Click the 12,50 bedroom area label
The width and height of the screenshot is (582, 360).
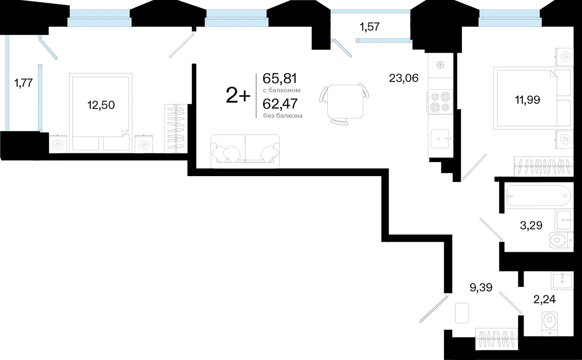click(101, 105)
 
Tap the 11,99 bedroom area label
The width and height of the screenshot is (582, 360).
click(527, 100)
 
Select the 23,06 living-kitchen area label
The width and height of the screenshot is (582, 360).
click(404, 78)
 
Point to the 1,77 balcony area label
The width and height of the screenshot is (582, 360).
click(23, 83)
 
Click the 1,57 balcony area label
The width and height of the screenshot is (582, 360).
click(370, 27)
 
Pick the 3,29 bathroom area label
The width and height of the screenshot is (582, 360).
click(531, 225)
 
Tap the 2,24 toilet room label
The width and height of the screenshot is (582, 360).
click(544, 299)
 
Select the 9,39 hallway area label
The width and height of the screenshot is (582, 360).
click(481, 288)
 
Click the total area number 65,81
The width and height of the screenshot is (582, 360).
click(280, 78)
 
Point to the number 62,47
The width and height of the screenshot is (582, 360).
click(280, 104)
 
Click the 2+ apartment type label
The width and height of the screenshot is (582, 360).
click(238, 95)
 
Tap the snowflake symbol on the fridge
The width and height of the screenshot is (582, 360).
click(440, 65)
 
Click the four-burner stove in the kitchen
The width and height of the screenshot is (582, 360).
click(441, 102)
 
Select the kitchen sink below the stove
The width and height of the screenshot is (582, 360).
click(440, 139)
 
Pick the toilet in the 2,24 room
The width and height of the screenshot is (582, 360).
click(550, 324)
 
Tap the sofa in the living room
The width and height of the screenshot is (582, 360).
click(245, 151)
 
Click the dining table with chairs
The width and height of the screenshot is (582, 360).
click(344, 103)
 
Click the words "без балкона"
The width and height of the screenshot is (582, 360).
click(283, 116)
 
